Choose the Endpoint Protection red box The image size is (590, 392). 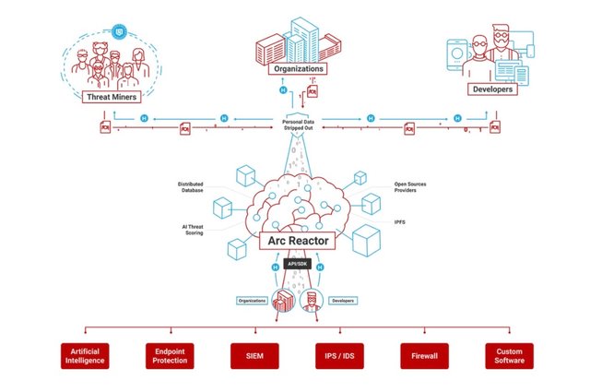(x=170, y=356)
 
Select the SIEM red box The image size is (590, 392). (x=254, y=356)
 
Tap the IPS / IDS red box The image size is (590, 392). (x=338, y=356)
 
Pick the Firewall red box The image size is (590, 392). (x=423, y=356)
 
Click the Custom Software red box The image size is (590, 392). (x=508, y=356)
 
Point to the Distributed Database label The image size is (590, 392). (x=191, y=187)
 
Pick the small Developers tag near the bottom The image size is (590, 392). (x=342, y=301)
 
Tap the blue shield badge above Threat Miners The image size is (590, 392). (x=117, y=30)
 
